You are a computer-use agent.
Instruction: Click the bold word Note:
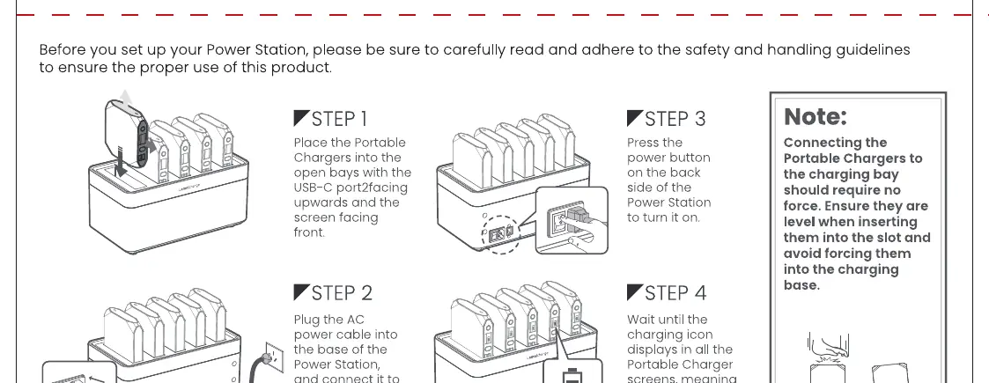815,117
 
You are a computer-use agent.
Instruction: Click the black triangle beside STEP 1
301,117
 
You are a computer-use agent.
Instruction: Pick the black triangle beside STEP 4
634,291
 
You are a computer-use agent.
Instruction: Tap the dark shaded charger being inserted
126,134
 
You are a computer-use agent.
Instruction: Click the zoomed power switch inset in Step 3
572,220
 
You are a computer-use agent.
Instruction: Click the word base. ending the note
801,285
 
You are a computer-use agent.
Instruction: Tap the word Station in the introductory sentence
281,50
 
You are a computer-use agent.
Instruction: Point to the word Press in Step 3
641,143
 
